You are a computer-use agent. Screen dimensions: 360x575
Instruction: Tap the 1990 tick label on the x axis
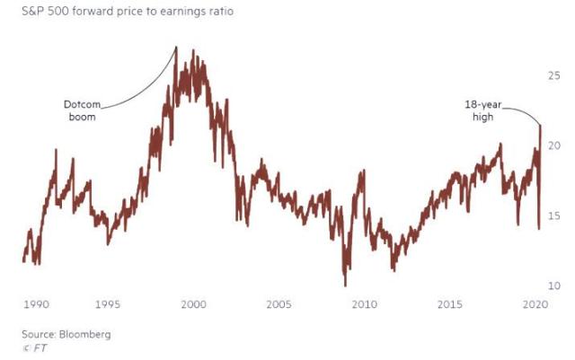click(x=36, y=304)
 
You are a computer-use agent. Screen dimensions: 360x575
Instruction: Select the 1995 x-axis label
click(x=108, y=304)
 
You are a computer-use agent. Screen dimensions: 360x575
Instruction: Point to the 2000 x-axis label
click(x=193, y=304)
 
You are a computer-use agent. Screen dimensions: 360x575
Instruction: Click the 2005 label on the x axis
click(x=279, y=304)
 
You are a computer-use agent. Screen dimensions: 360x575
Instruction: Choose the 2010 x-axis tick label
click(x=364, y=304)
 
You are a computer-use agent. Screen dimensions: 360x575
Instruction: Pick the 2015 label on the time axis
click(x=449, y=304)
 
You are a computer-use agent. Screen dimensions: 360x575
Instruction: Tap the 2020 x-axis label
click(x=535, y=304)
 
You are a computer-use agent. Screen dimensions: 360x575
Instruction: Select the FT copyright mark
click(x=36, y=347)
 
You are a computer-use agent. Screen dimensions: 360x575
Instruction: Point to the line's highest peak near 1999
click(x=176, y=48)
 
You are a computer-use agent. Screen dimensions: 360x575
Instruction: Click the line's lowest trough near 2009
click(x=345, y=285)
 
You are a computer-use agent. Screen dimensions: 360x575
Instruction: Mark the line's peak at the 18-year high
click(x=540, y=126)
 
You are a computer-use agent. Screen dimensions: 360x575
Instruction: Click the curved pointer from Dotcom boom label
click(x=144, y=90)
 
